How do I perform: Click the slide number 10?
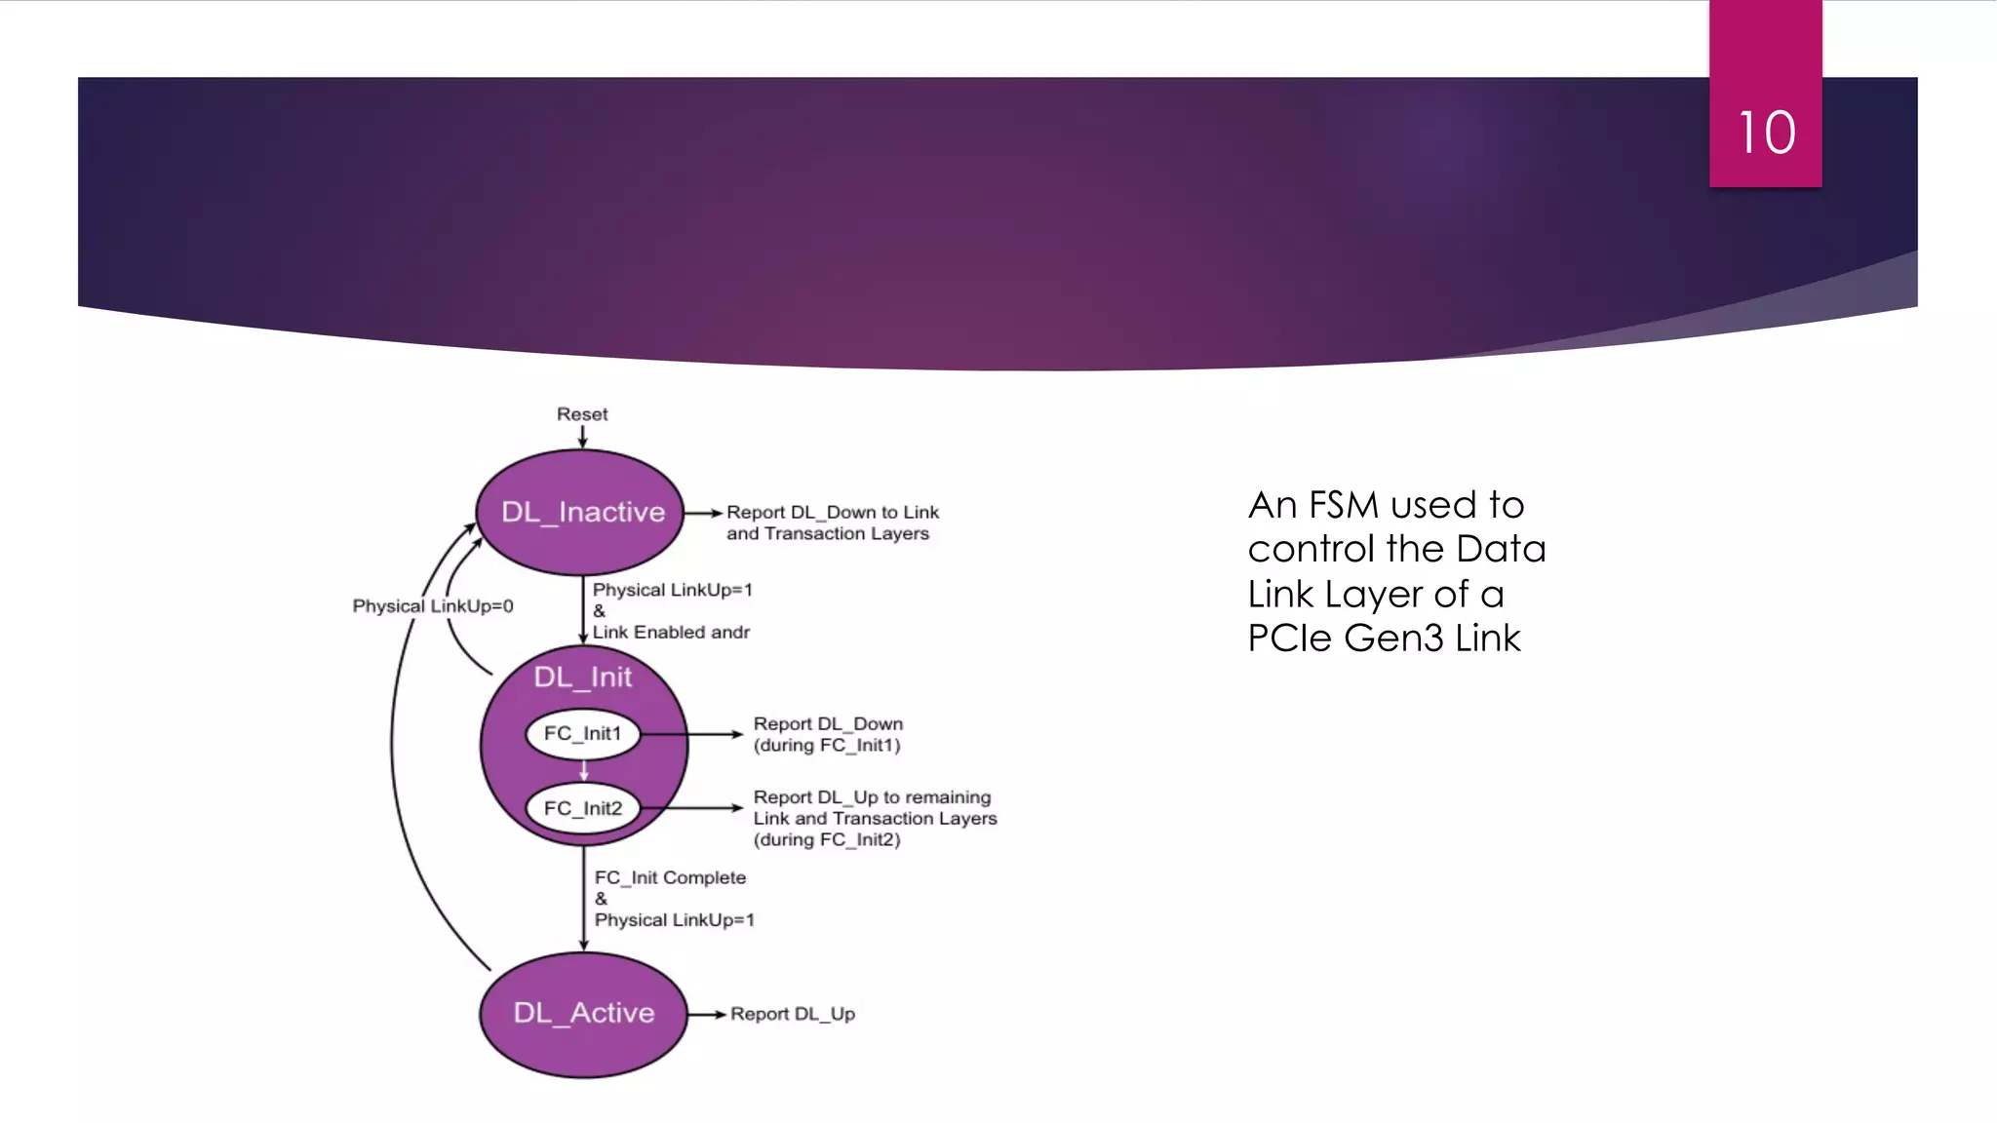[x=1766, y=133]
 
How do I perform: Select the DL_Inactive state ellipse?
[x=582, y=513]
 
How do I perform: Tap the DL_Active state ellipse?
[x=583, y=1014]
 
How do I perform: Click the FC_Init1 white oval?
[x=582, y=734]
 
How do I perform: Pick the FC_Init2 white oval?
[x=582, y=808]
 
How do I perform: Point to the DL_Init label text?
[x=582, y=677]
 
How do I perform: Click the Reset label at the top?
[x=582, y=414]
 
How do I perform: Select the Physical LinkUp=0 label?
[x=433, y=606]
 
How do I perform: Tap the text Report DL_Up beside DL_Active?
[x=792, y=1014]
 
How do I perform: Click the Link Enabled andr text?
[x=671, y=633]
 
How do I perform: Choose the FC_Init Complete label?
[x=670, y=877]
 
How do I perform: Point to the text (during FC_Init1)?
[x=826, y=746]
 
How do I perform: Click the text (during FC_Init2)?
[x=826, y=840]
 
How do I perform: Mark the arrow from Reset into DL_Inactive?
[x=582, y=437]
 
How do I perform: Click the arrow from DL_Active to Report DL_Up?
[x=707, y=1014]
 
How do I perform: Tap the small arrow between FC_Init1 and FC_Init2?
[x=583, y=771]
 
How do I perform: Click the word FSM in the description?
[x=1343, y=505]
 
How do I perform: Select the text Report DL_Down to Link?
[x=832, y=513]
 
